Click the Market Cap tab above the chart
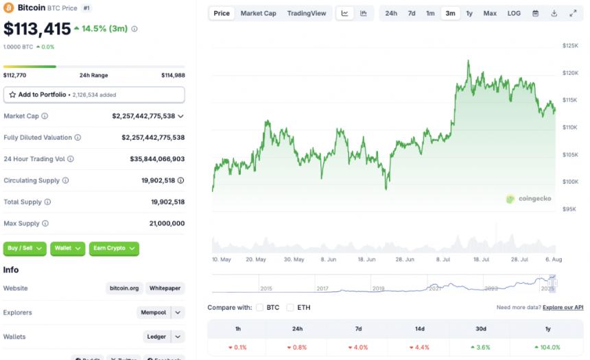click(x=258, y=13)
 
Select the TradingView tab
click(x=307, y=13)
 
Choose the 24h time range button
click(x=390, y=13)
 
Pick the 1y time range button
click(x=469, y=13)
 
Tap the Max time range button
click(x=490, y=13)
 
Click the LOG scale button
click(x=514, y=13)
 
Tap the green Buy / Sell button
click(x=24, y=248)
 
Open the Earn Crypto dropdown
click(x=114, y=248)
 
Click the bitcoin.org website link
click(x=124, y=289)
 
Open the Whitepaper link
click(x=165, y=289)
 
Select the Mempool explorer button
click(x=153, y=313)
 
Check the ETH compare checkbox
click(x=290, y=308)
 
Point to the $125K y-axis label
click(x=570, y=45)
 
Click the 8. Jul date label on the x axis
click(x=442, y=260)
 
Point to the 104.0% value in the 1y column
click(x=547, y=348)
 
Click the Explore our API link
click(x=563, y=308)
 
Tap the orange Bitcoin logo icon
click(x=8, y=8)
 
